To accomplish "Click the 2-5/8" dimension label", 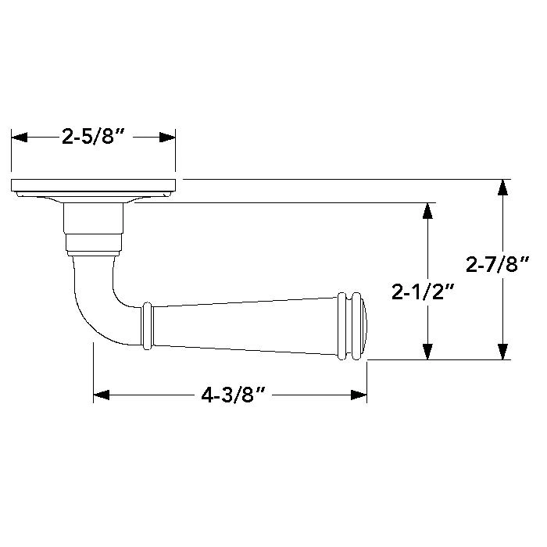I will [x=93, y=138].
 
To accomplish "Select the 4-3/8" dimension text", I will [x=231, y=395].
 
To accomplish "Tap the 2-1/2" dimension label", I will [x=424, y=292].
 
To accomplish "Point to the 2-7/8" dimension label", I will [x=498, y=266].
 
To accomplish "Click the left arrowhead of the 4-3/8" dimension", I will [x=102, y=395].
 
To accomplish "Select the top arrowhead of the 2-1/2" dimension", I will [x=427, y=210].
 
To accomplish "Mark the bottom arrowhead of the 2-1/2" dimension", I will [x=427, y=352].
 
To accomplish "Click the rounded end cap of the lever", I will [x=364, y=327].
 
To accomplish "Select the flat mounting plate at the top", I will [x=93, y=185].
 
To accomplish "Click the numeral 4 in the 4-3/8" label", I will [x=207, y=395].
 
